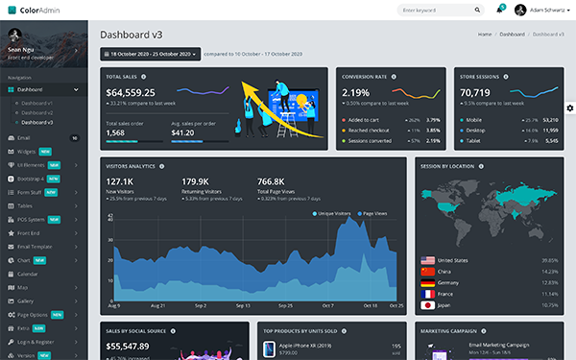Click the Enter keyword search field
pos(440,10)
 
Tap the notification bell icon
pos(499,10)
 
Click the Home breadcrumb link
pos(485,34)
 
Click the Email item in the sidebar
pos(25,138)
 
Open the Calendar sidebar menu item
pos(30,274)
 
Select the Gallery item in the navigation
pos(26,300)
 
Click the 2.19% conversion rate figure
pos(356,92)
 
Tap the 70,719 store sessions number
pos(476,92)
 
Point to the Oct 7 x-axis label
pos(327,305)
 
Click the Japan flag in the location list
pos(427,305)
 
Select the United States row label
pos(452,260)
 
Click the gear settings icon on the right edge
pos(569,108)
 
